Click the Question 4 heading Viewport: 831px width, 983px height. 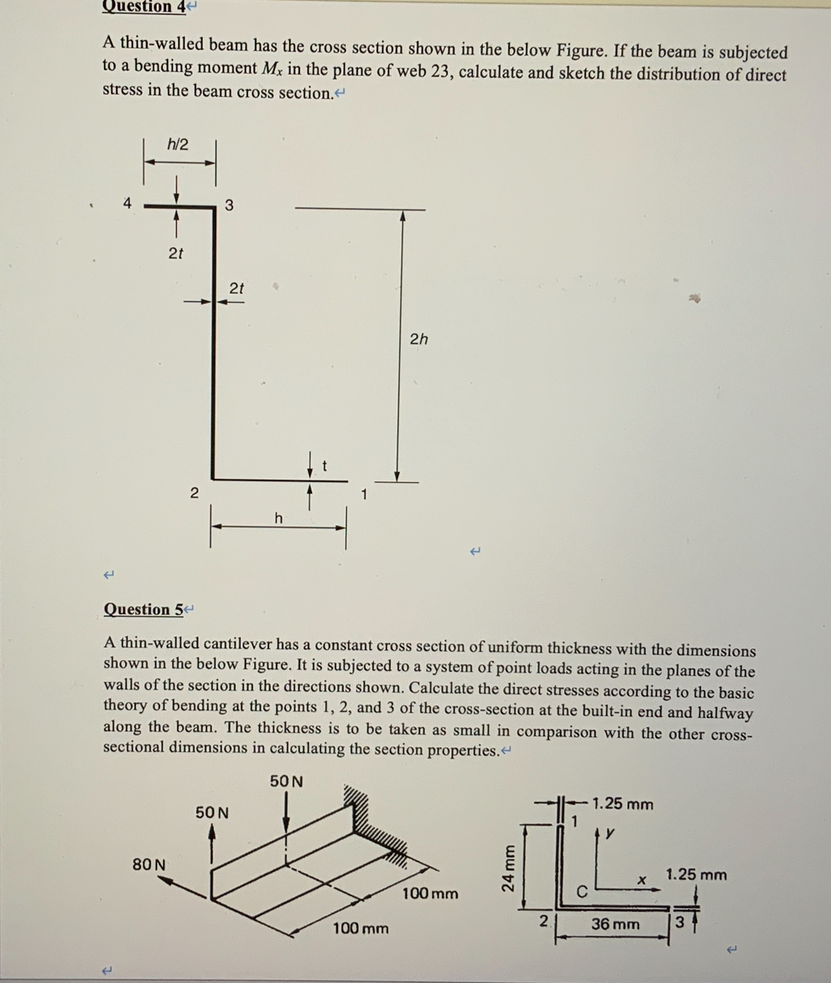click(144, 7)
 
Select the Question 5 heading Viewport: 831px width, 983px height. click(143, 610)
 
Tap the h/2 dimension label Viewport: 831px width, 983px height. click(177, 144)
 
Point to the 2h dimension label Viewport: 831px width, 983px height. click(418, 339)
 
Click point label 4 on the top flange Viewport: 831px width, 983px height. click(127, 202)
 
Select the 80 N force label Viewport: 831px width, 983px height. click(149, 863)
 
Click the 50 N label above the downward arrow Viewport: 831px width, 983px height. click(288, 782)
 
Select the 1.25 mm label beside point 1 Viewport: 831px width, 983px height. click(622, 804)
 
